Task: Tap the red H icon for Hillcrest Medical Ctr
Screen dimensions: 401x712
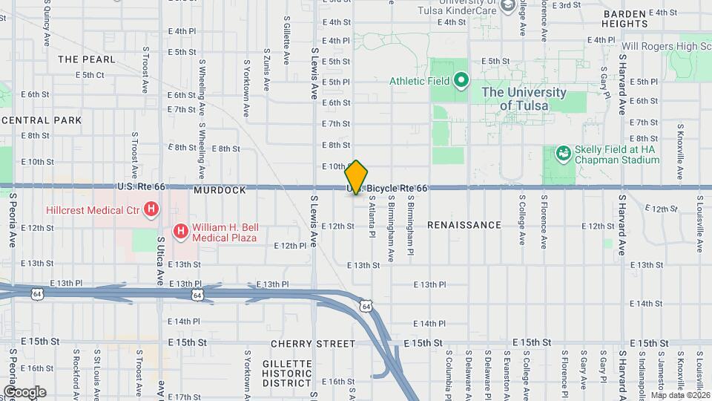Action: point(151,210)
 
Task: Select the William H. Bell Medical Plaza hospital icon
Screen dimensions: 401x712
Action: point(180,232)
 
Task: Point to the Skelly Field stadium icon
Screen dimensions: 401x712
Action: point(564,154)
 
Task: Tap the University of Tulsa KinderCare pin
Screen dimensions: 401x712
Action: point(508,7)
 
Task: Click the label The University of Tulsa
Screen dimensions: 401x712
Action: point(524,99)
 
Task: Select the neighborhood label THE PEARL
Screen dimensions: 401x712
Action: point(87,59)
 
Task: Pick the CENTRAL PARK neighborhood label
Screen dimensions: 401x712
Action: point(42,120)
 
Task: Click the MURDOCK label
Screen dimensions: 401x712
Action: point(220,191)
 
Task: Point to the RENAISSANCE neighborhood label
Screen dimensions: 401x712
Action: point(464,225)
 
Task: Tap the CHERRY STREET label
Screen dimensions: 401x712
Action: point(313,344)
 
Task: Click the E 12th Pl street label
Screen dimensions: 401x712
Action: point(290,246)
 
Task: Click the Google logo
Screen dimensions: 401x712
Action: point(24,391)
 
